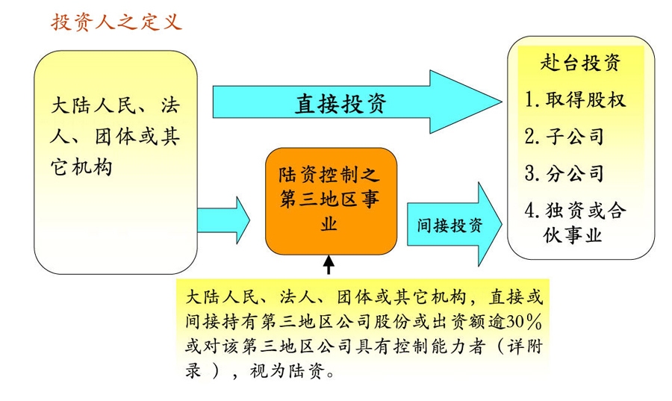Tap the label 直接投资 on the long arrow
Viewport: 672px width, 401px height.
[x=340, y=104]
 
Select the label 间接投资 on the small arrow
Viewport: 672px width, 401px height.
[x=445, y=226]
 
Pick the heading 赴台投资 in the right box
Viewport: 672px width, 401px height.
[x=580, y=63]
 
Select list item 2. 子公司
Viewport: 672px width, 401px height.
[x=564, y=137]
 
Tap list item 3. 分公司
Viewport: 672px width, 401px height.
[x=564, y=174]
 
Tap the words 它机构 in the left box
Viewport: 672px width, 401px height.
[x=81, y=168]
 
